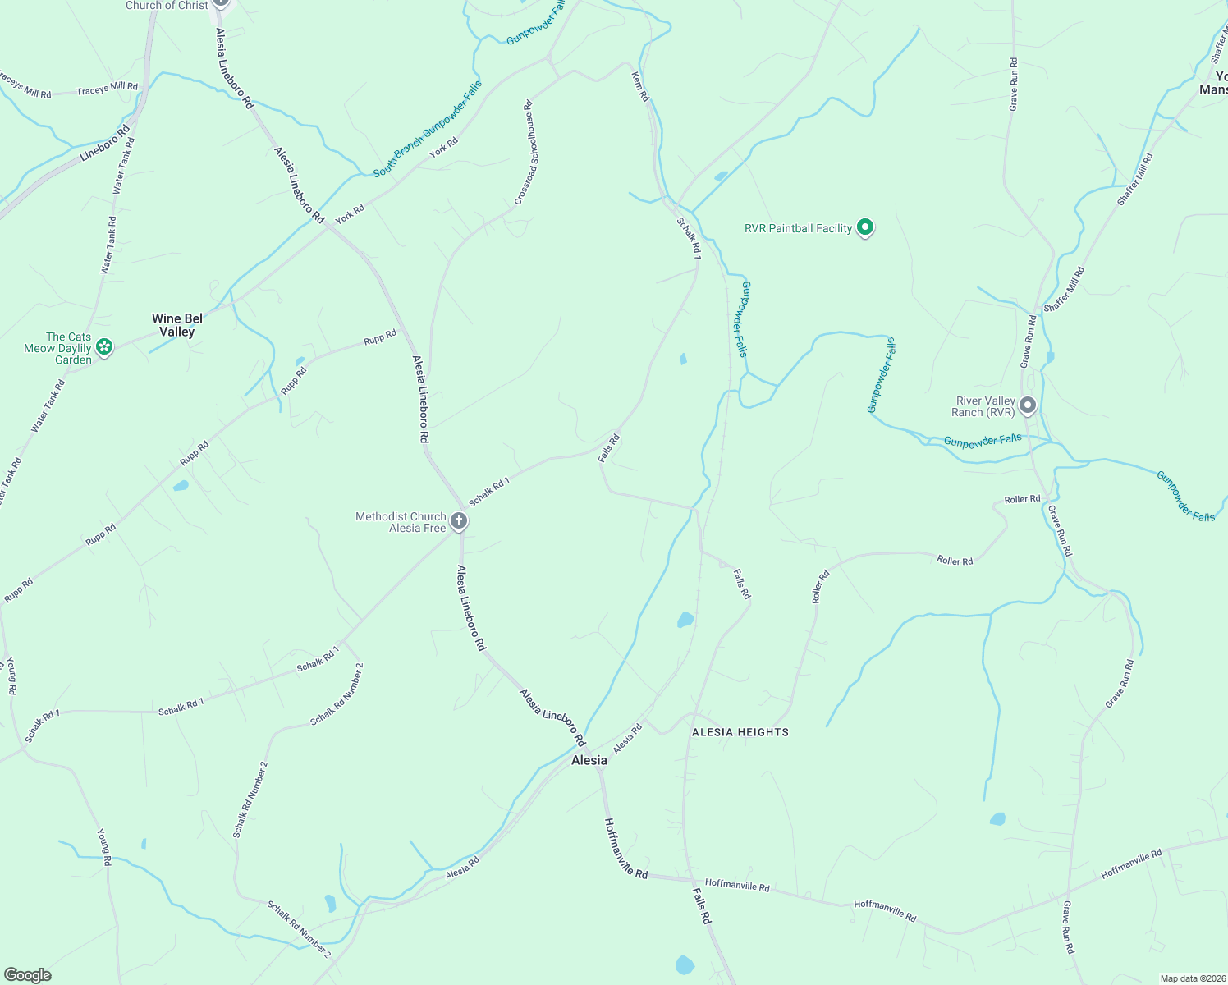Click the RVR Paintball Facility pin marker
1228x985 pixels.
tap(864, 227)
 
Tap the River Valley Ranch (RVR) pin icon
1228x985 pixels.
tap(1027, 405)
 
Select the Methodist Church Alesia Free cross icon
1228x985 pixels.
tap(459, 521)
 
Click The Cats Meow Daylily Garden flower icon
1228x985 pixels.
tap(104, 348)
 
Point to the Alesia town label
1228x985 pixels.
tap(589, 760)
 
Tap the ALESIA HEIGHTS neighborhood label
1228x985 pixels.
tap(740, 732)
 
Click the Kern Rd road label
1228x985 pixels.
tap(640, 86)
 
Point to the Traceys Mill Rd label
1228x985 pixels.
tap(107, 89)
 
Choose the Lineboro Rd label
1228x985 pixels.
tap(105, 144)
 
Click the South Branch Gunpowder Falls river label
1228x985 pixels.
tap(428, 129)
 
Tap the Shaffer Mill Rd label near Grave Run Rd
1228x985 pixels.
tap(1065, 289)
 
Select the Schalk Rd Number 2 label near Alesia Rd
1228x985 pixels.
tap(299, 929)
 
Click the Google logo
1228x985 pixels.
tap(28, 975)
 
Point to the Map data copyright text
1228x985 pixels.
tap(1192, 978)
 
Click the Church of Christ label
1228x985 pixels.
tap(167, 6)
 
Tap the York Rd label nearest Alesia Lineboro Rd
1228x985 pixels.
tap(350, 214)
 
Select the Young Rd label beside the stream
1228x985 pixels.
tap(104, 847)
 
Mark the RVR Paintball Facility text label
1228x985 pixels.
tap(798, 228)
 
